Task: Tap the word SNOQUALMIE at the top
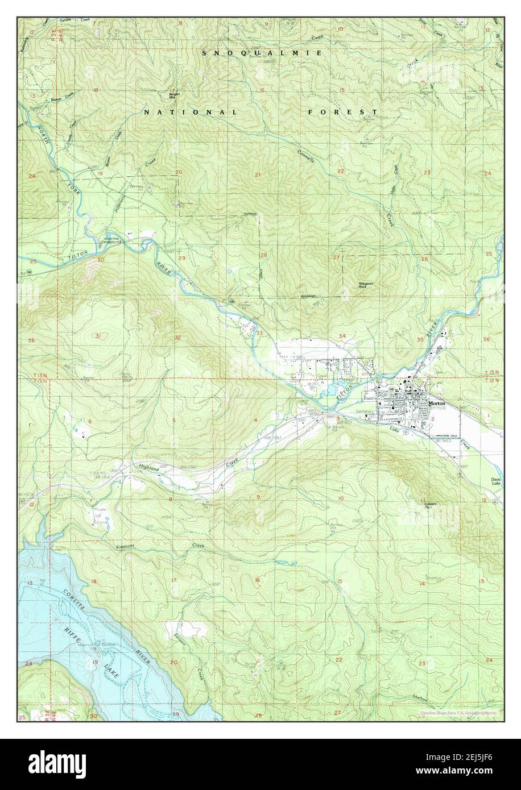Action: pyautogui.click(x=263, y=52)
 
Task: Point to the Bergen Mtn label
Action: pyautogui.click(x=173, y=93)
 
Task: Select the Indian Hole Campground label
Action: pyautogui.click(x=111, y=241)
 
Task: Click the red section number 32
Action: pyautogui.click(x=177, y=338)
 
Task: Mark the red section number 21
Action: pyautogui.click(x=258, y=174)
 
